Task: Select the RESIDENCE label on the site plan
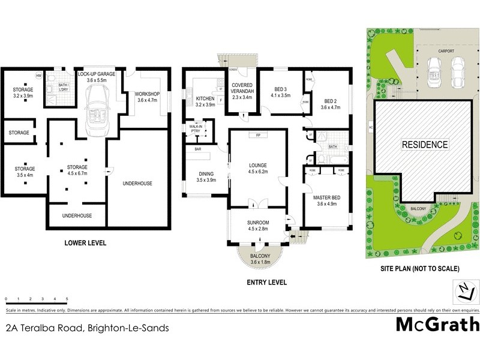pyautogui.click(x=425, y=145)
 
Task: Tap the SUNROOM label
pyautogui.click(x=258, y=224)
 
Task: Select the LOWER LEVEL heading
pyautogui.click(x=85, y=243)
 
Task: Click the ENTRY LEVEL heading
pyautogui.click(x=266, y=282)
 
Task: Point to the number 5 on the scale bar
pyautogui.click(x=67, y=298)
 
